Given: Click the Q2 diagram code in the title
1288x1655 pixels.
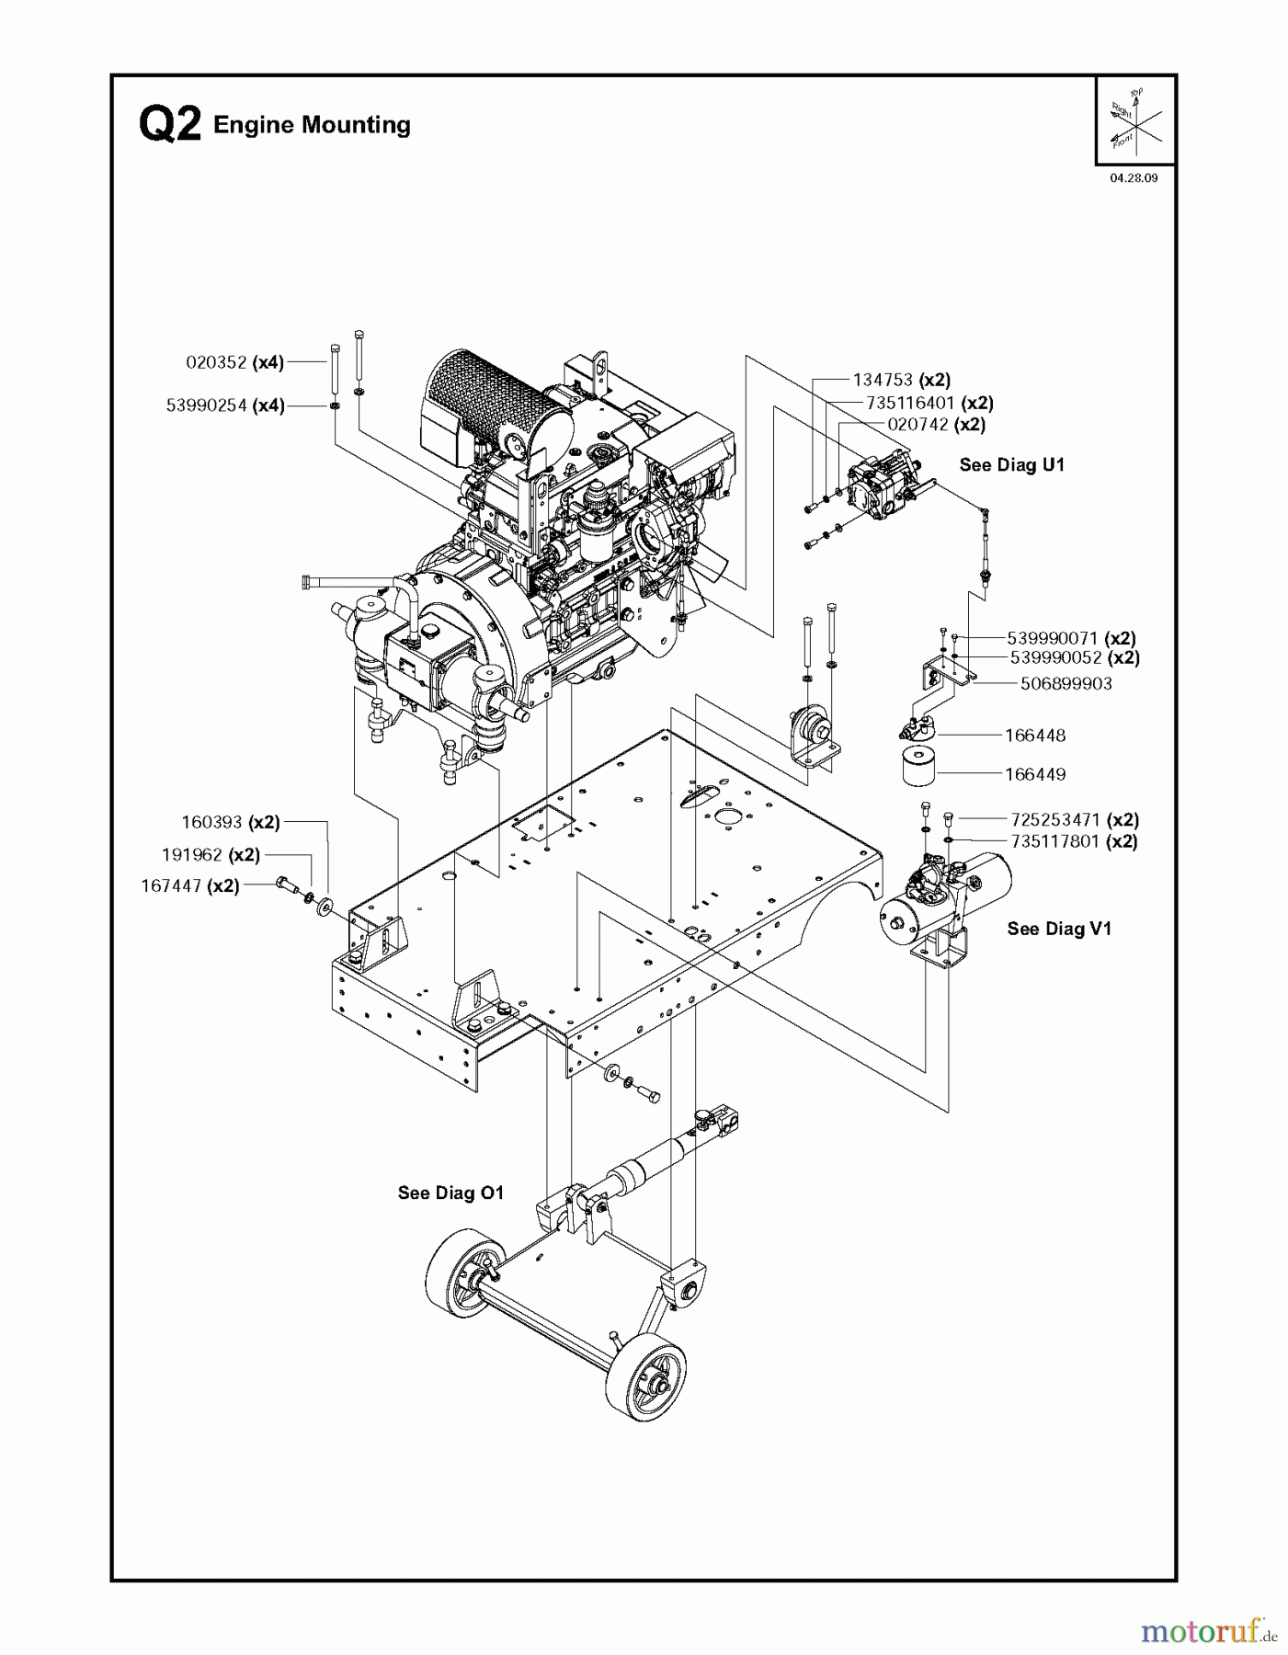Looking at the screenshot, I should tap(169, 125).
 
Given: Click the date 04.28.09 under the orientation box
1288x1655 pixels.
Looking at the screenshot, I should tap(1134, 178).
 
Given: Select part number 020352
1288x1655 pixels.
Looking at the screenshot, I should tap(217, 362).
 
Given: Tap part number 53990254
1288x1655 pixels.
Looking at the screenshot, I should tap(207, 405).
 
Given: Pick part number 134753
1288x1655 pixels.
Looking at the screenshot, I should tap(883, 380).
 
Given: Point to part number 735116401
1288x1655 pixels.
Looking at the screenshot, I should tap(909, 403).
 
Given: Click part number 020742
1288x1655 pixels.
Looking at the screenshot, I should tap(918, 425).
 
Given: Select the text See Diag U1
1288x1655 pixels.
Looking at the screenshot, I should tap(1011, 465).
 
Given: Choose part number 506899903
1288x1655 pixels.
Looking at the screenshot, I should tap(1066, 684).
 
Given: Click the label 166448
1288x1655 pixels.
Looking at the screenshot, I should tap(1034, 736).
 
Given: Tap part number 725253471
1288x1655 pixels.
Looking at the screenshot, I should tap(1054, 819).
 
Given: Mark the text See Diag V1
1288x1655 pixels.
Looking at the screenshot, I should tap(1058, 929).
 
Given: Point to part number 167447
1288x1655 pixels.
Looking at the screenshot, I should tap(172, 886).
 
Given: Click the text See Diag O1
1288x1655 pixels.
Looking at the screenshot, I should tap(450, 1193).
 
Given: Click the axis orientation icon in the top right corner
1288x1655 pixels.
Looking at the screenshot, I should tap(1135, 120).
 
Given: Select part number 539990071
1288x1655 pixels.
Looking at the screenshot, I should tap(1054, 638).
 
